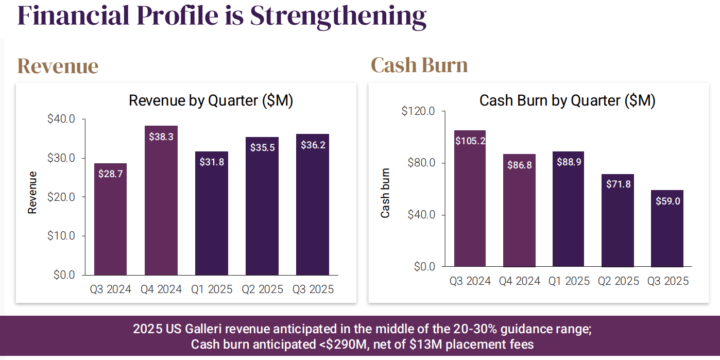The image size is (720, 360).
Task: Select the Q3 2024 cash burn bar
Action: click(470, 206)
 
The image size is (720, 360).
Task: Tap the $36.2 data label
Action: click(312, 145)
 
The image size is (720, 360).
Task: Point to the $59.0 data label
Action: click(667, 201)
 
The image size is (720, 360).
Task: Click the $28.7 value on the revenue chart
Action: click(110, 174)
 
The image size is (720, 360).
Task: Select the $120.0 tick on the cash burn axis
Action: click(418, 111)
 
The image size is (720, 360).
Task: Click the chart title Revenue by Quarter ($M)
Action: click(211, 100)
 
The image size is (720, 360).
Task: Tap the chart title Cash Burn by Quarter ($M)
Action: click(567, 100)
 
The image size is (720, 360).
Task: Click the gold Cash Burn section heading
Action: click(419, 65)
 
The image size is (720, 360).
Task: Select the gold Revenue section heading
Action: click(58, 66)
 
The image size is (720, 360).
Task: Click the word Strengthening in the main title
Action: click(338, 15)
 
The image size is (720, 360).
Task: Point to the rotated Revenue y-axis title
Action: click(32, 192)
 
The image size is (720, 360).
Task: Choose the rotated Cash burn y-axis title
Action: click(385, 193)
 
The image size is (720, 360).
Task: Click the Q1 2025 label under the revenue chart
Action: click(211, 289)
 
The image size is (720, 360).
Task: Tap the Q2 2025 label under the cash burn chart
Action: click(618, 281)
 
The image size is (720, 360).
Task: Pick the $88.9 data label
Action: click(569, 162)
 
